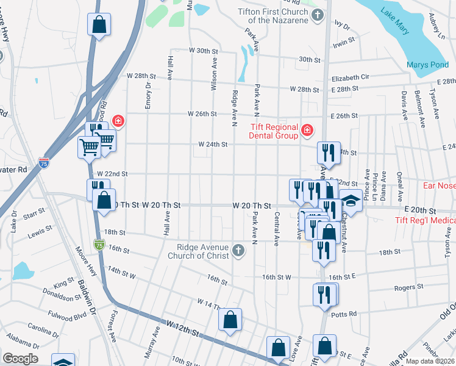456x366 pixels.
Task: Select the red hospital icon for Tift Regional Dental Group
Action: (x=307, y=130)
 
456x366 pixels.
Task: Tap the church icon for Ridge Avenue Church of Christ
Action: (x=238, y=250)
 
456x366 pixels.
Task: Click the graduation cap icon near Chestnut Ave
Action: (x=351, y=199)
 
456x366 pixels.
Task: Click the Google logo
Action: (x=20, y=359)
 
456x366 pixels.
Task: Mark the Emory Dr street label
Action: (x=148, y=96)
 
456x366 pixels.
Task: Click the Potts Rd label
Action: (x=344, y=315)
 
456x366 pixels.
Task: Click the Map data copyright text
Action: (x=430, y=361)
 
